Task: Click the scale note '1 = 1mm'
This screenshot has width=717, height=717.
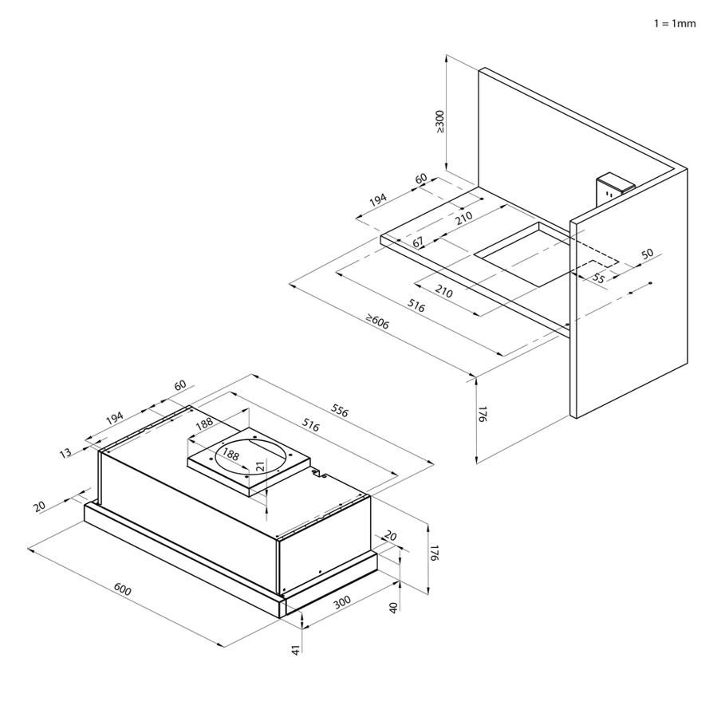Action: (x=675, y=23)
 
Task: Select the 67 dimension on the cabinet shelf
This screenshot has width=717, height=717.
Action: (x=418, y=242)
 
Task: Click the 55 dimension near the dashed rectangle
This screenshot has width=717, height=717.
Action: (x=598, y=278)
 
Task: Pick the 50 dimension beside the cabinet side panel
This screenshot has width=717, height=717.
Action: (x=646, y=254)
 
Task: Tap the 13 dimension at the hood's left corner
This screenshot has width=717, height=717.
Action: (x=65, y=452)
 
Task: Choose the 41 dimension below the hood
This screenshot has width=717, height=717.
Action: (x=296, y=650)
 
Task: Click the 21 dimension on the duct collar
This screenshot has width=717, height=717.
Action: (x=259, y=466)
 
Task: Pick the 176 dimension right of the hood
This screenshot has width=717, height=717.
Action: (x=435, y=553)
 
